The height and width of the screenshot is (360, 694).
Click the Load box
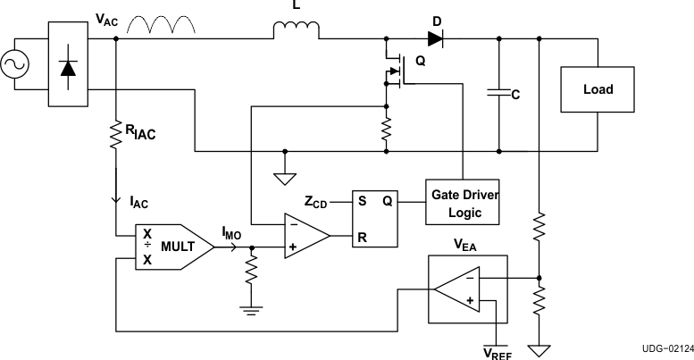[598, 90]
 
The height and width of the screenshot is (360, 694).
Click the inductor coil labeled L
[296, 30]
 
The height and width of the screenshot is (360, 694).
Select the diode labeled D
[435, 38]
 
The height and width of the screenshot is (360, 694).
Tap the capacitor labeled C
[498, 91]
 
